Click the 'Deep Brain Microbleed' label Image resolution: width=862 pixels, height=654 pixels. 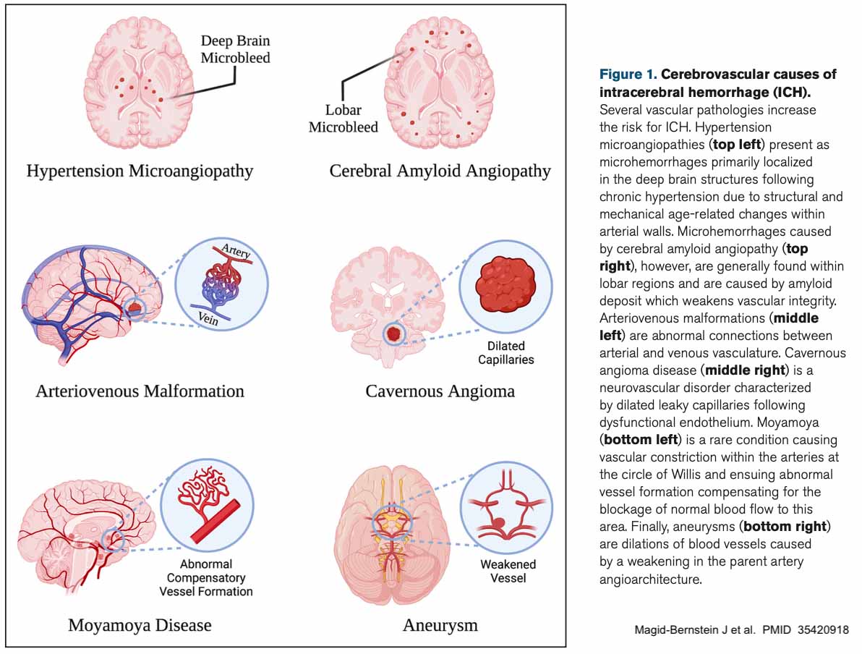pos(235,48)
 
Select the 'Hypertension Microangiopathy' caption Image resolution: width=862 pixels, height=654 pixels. pos(140,171)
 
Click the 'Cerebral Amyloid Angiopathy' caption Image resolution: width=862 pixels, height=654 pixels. pos(440,171)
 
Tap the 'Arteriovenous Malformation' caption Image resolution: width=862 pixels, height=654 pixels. pos(140,391)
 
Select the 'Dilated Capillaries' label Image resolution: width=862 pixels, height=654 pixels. pos(505,352)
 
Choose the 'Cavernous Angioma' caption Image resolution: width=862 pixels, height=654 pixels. pos(440,391)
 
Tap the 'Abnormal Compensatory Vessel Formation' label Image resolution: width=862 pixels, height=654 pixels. pos(206,578)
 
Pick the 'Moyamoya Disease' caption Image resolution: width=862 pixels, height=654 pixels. pos(140,624)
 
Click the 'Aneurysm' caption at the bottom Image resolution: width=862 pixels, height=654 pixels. pos(440,624)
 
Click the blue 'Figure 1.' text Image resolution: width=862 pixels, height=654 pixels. pos(628,75)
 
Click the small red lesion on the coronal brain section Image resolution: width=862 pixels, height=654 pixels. pos(394,334)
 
